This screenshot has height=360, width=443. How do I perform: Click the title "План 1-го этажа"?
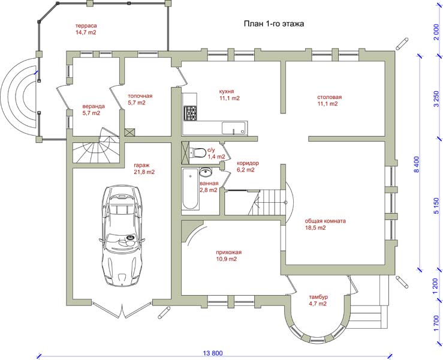click(x=274, y=24)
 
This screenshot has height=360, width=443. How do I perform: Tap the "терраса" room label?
click(x=86, y=26)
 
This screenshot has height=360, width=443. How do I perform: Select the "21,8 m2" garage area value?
click(x=144, y=172)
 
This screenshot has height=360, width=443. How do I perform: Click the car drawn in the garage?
click(x=122, y=236)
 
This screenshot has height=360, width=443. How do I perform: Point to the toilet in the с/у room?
click(x=198, y=153)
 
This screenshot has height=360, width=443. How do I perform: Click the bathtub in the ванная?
click(x=190, y=189)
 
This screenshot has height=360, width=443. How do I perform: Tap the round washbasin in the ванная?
click(x=205, y=172)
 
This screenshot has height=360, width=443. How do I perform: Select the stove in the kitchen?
click(x=189, y=113)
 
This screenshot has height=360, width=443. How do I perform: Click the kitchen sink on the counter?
click(x=234, y=128)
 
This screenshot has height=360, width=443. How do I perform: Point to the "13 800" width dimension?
click(x=213, y=353)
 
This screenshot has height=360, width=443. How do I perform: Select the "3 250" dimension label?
click(x=437, y=98)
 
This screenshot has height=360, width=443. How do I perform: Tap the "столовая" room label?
click(x=329, y=97)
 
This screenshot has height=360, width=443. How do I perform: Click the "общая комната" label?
click(x=325, y=221)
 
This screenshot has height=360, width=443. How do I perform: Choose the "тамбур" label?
click(x=318, y=297)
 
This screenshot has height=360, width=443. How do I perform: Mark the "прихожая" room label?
click(x=228, y=252)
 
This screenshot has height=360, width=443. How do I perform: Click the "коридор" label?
click(x=248, y=163)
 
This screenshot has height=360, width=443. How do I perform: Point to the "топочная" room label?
click(x=140, y=96)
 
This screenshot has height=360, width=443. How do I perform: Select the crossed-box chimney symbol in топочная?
click(x=129, y=133)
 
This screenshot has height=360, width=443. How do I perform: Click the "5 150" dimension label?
click(x=437, y=206)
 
